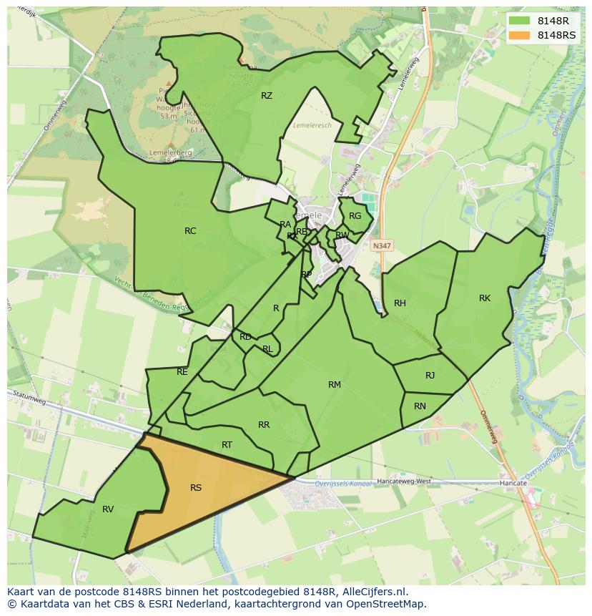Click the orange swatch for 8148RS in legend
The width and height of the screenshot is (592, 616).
(x=520, y=35)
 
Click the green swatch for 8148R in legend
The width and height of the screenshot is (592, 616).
(x=520, y=21)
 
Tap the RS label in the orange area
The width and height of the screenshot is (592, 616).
(x=196, y=488)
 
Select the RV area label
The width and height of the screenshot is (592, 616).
(x=108, y=509)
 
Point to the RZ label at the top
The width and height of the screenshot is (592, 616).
(x=267, y=95)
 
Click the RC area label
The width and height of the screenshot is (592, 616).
(x=190, y=230)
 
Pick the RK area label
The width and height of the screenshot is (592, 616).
(x=485, y=298)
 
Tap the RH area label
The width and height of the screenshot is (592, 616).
(x=400, y=303)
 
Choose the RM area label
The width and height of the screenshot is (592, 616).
(x=334, y=385)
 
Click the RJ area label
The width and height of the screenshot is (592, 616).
(x=430, y=375)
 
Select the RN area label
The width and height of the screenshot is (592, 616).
(x=420, y=406)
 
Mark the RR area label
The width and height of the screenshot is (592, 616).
(x=264, y=425)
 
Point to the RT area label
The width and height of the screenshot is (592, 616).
(x=227, y=445)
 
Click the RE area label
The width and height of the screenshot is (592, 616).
(x=182, y=372)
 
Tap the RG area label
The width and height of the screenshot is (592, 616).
(x=355, y=216)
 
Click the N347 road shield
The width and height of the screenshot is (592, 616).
(x=382, y=245)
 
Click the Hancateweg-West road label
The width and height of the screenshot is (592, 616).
(x=404, y=481)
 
